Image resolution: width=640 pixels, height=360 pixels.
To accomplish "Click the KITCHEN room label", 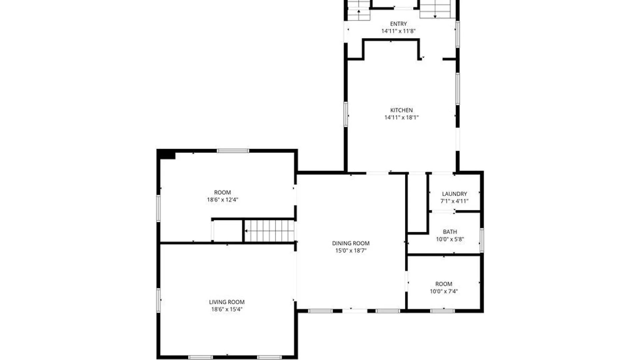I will tap(401, 110).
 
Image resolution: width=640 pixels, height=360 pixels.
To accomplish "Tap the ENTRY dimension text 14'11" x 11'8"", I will tap(398, 31).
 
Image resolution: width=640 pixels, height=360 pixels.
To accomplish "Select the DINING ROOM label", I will tap(351, 243).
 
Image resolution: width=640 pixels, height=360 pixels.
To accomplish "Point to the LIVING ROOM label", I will tap(227, 302).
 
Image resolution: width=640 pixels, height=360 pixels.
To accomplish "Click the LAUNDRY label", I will tap(454, 194).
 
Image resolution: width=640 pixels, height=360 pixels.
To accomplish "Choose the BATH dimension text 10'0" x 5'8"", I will tap(450, 239).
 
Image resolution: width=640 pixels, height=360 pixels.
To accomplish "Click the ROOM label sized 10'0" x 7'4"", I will tap(444, 284).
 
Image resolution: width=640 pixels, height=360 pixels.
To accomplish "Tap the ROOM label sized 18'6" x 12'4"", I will tap(222, 192).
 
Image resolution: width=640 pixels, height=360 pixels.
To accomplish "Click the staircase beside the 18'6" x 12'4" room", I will tap(269, 231).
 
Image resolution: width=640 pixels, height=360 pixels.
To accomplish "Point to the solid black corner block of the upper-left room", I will tap(166, 155).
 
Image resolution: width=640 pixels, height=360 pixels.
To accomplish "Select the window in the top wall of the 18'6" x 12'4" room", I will tap(233, 151).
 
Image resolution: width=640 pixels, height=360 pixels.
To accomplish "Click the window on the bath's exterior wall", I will tap(482, 240).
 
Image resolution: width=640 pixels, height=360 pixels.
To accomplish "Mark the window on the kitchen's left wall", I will tap(346, 114).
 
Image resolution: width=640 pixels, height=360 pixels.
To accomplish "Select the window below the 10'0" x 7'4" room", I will tap(442, 311).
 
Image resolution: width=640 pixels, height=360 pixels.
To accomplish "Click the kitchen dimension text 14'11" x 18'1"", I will tap(401, 117).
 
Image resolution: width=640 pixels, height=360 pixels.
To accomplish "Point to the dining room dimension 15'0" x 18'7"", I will tap(351, 251).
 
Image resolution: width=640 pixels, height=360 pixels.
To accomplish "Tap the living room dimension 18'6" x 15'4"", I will tap(227, 309).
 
